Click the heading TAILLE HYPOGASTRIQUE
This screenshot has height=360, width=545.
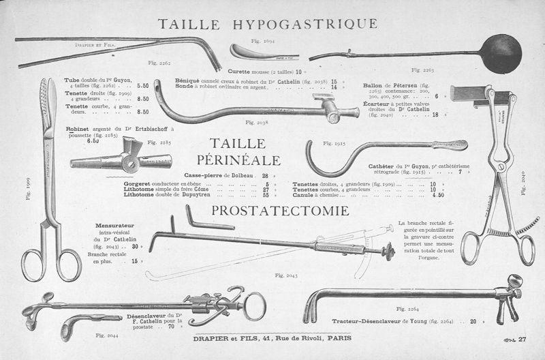click(x=267, y=25)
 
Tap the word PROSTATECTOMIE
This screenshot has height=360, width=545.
click(x=280, y=211)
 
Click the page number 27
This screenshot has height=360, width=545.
click(x=523, y=340)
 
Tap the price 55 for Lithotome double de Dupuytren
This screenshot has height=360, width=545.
click(x=266, y=195)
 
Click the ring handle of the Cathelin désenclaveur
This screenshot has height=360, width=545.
click(x=254, y=305)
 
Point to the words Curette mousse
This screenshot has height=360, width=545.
click(x=249, y=71)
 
